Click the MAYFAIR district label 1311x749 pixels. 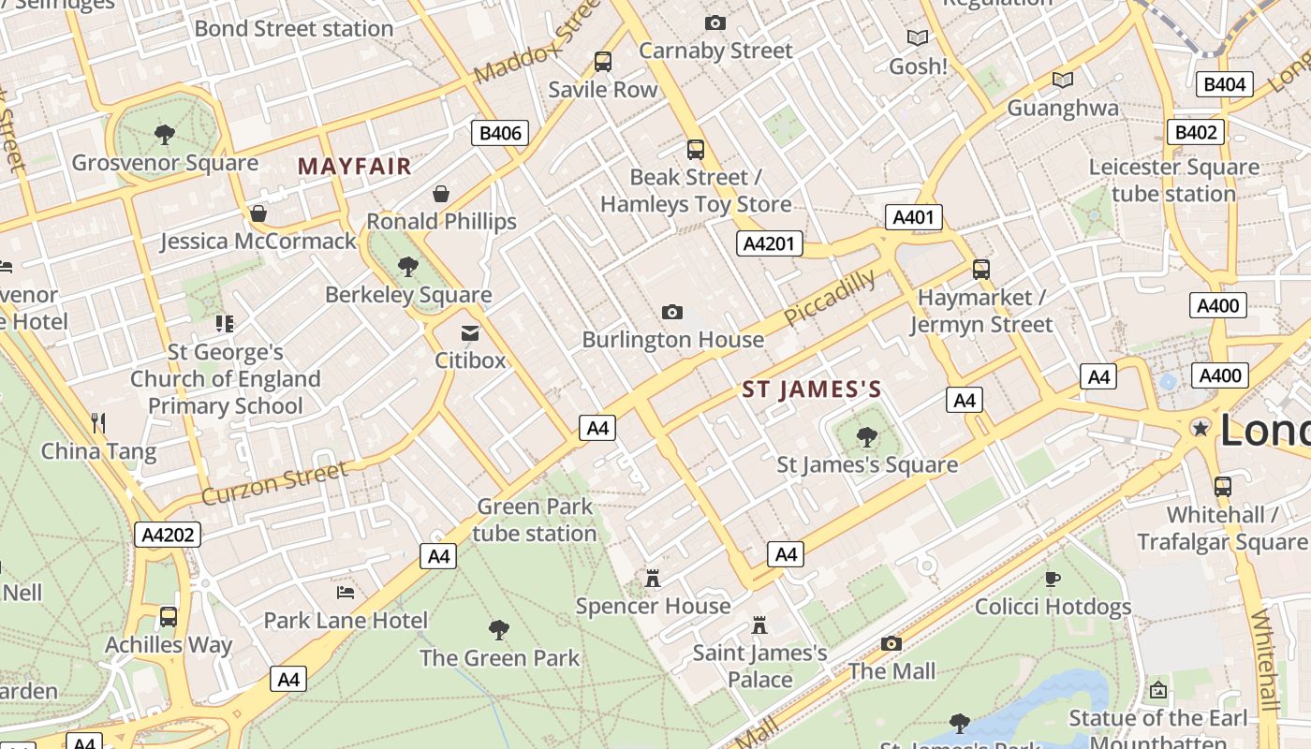(x=354, y=167)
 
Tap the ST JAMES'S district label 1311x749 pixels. (x=812, y=389)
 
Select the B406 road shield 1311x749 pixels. (x=500, y=133)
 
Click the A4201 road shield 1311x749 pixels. (x=769, y=244)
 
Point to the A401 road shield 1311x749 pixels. (x=913, y=218)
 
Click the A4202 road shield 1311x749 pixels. (x=169, y=535)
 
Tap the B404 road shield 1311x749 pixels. (x=1224, y=84)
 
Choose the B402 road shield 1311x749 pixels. (x=1196, y=132)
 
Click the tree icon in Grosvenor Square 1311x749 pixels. (x=165, y=135)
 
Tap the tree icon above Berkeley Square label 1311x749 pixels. (x=407, y=267)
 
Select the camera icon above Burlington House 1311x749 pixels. (x=671, y=312)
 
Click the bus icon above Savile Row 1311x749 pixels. (x=603, y=62)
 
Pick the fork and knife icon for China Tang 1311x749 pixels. (x=98, y=423)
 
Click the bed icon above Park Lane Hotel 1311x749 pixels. (x=346, y=592)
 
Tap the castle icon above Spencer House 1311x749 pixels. (x=653, y=579)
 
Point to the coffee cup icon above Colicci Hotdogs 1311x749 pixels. (x=1053, y=579)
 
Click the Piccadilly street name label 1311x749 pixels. (x=830, y=297)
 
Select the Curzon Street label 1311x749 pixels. (x=274, y=482)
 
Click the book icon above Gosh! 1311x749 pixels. (x=918, y=38)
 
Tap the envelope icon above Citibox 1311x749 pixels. (x=470, y=332)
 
